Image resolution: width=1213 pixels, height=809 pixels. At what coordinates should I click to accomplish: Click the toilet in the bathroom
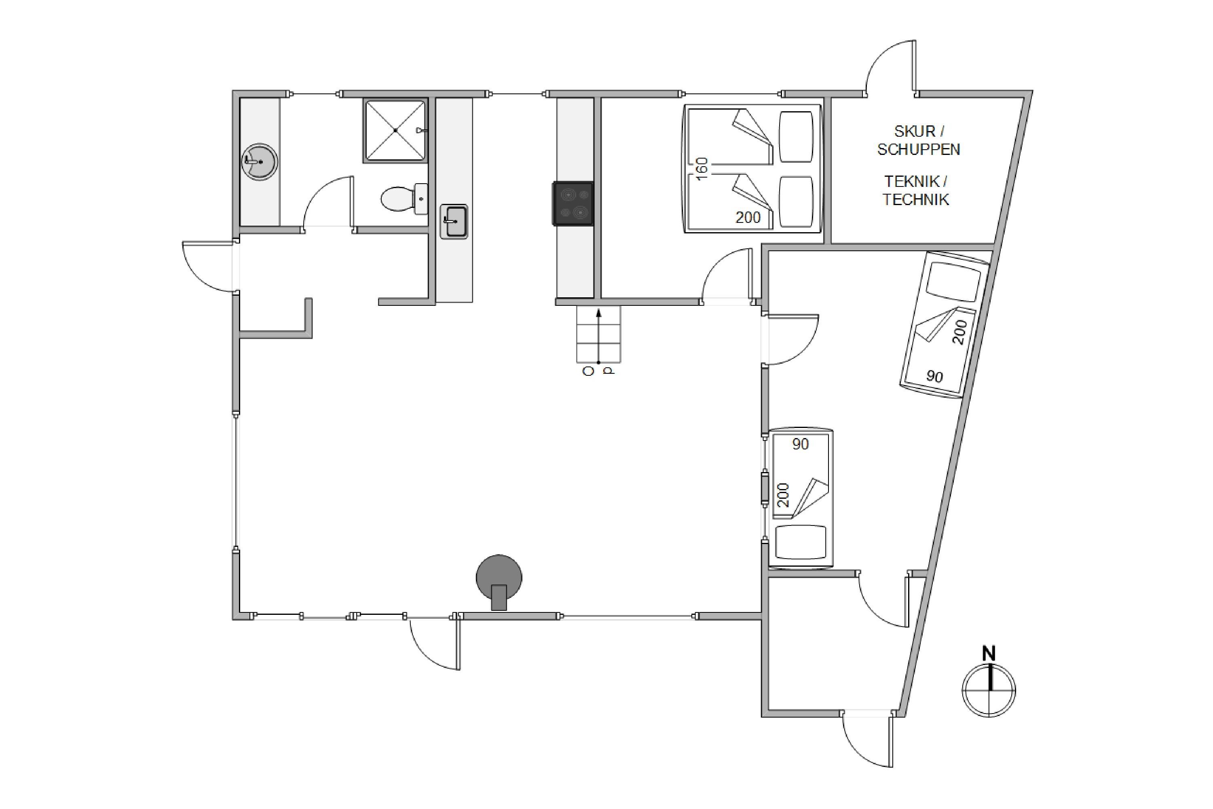[404, 199]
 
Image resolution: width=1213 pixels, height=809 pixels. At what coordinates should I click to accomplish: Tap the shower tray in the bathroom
[395, 131]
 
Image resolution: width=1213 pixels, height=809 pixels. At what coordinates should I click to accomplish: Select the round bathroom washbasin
[260, 161]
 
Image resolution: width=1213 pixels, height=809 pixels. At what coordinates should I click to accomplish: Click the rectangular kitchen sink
[454, 221]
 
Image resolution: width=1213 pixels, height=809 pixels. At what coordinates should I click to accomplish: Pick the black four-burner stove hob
[573, 204]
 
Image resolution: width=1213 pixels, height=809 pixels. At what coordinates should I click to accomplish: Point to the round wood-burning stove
[499, 582]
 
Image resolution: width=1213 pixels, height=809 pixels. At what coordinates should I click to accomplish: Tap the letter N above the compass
[989, 654]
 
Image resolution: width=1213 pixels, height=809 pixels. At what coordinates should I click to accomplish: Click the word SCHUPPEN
[919, 150]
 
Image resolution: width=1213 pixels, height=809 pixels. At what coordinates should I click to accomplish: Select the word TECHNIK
[915, 200]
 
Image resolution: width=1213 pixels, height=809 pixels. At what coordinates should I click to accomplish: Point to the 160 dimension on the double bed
[702, 169]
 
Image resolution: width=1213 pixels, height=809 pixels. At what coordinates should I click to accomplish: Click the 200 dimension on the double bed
[748, 218]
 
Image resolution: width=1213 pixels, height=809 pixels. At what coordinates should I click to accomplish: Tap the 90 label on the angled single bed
[934, 376]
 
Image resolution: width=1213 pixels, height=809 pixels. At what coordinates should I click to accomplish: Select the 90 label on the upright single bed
[801, 444]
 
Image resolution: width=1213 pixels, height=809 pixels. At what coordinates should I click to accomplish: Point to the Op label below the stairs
[598, 371]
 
